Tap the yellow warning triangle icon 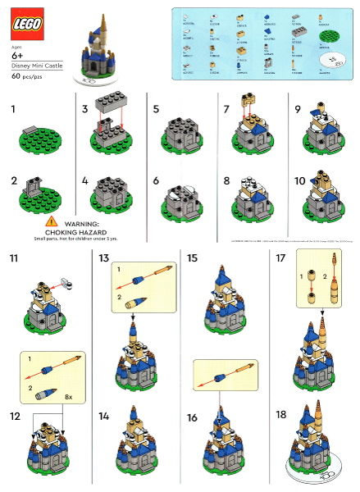(x=52, y=221)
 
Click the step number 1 (x=11, y=108)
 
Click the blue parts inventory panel (x=262, y=45)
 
